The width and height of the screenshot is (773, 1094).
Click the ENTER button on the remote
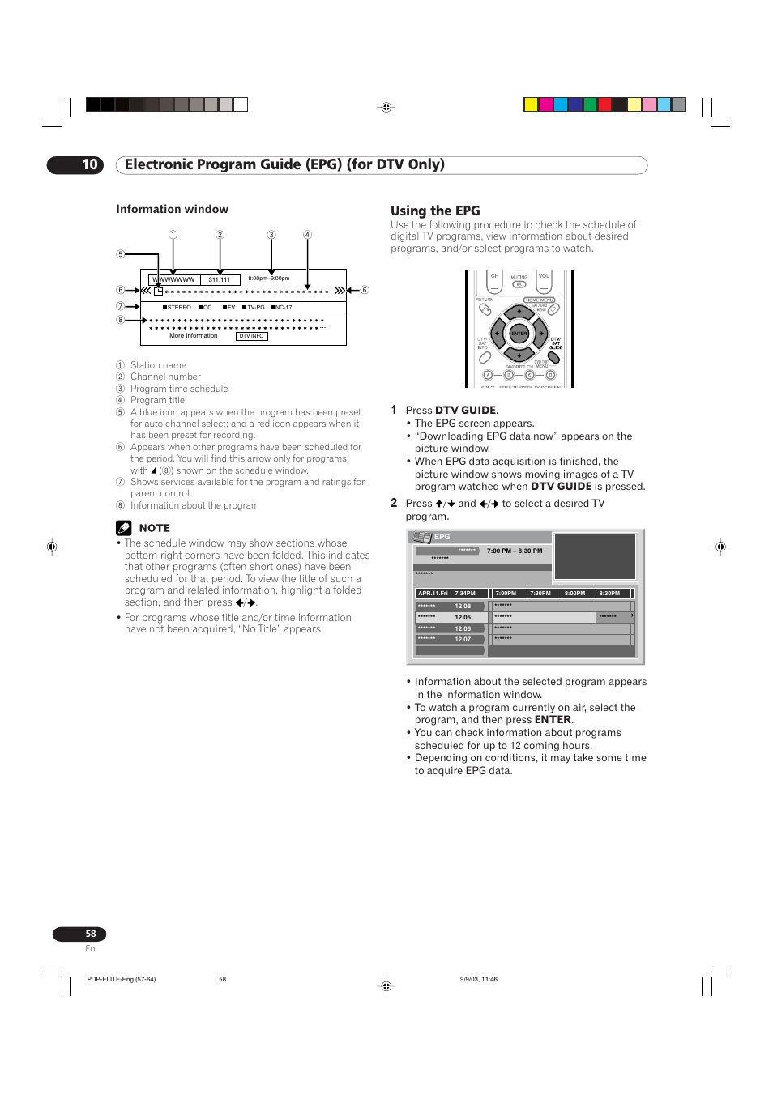pyautogui.click(x=519, y=333)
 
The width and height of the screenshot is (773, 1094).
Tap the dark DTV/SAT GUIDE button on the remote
pyautogui.click(x=554, y=357)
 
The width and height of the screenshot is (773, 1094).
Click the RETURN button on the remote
pyautogui.click(x=485, y=309)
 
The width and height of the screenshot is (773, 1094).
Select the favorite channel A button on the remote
pyautogui.click(x=488, y=375)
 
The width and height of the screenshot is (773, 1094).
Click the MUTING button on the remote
pyautogui.click(x=519, y=284)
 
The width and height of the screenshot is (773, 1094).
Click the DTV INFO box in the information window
pyautogui.click(x=251, y=336)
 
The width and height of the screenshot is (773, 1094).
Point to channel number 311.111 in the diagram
pyautogui.click(x=219, y=279)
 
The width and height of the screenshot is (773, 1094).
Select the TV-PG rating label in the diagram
pyautogui.click(x=255, y=308)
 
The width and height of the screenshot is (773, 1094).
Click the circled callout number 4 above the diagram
pyautogui.click(x=307, y=235)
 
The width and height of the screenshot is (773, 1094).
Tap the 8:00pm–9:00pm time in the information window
pyautogui.click(x=268, y=279)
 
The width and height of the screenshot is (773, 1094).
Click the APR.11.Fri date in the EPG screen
pyautogui.click(x=433, y=594)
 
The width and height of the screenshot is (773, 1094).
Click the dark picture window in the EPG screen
pyautogui.click(x=594, y=556)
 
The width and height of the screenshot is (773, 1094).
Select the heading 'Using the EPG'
pyautogui.click(x=435, y=211)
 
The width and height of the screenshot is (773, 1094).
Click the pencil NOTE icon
pyautogui.click(x=123, y=528)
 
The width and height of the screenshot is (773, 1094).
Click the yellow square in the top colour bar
pyautogui.click(x=531, y=104)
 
